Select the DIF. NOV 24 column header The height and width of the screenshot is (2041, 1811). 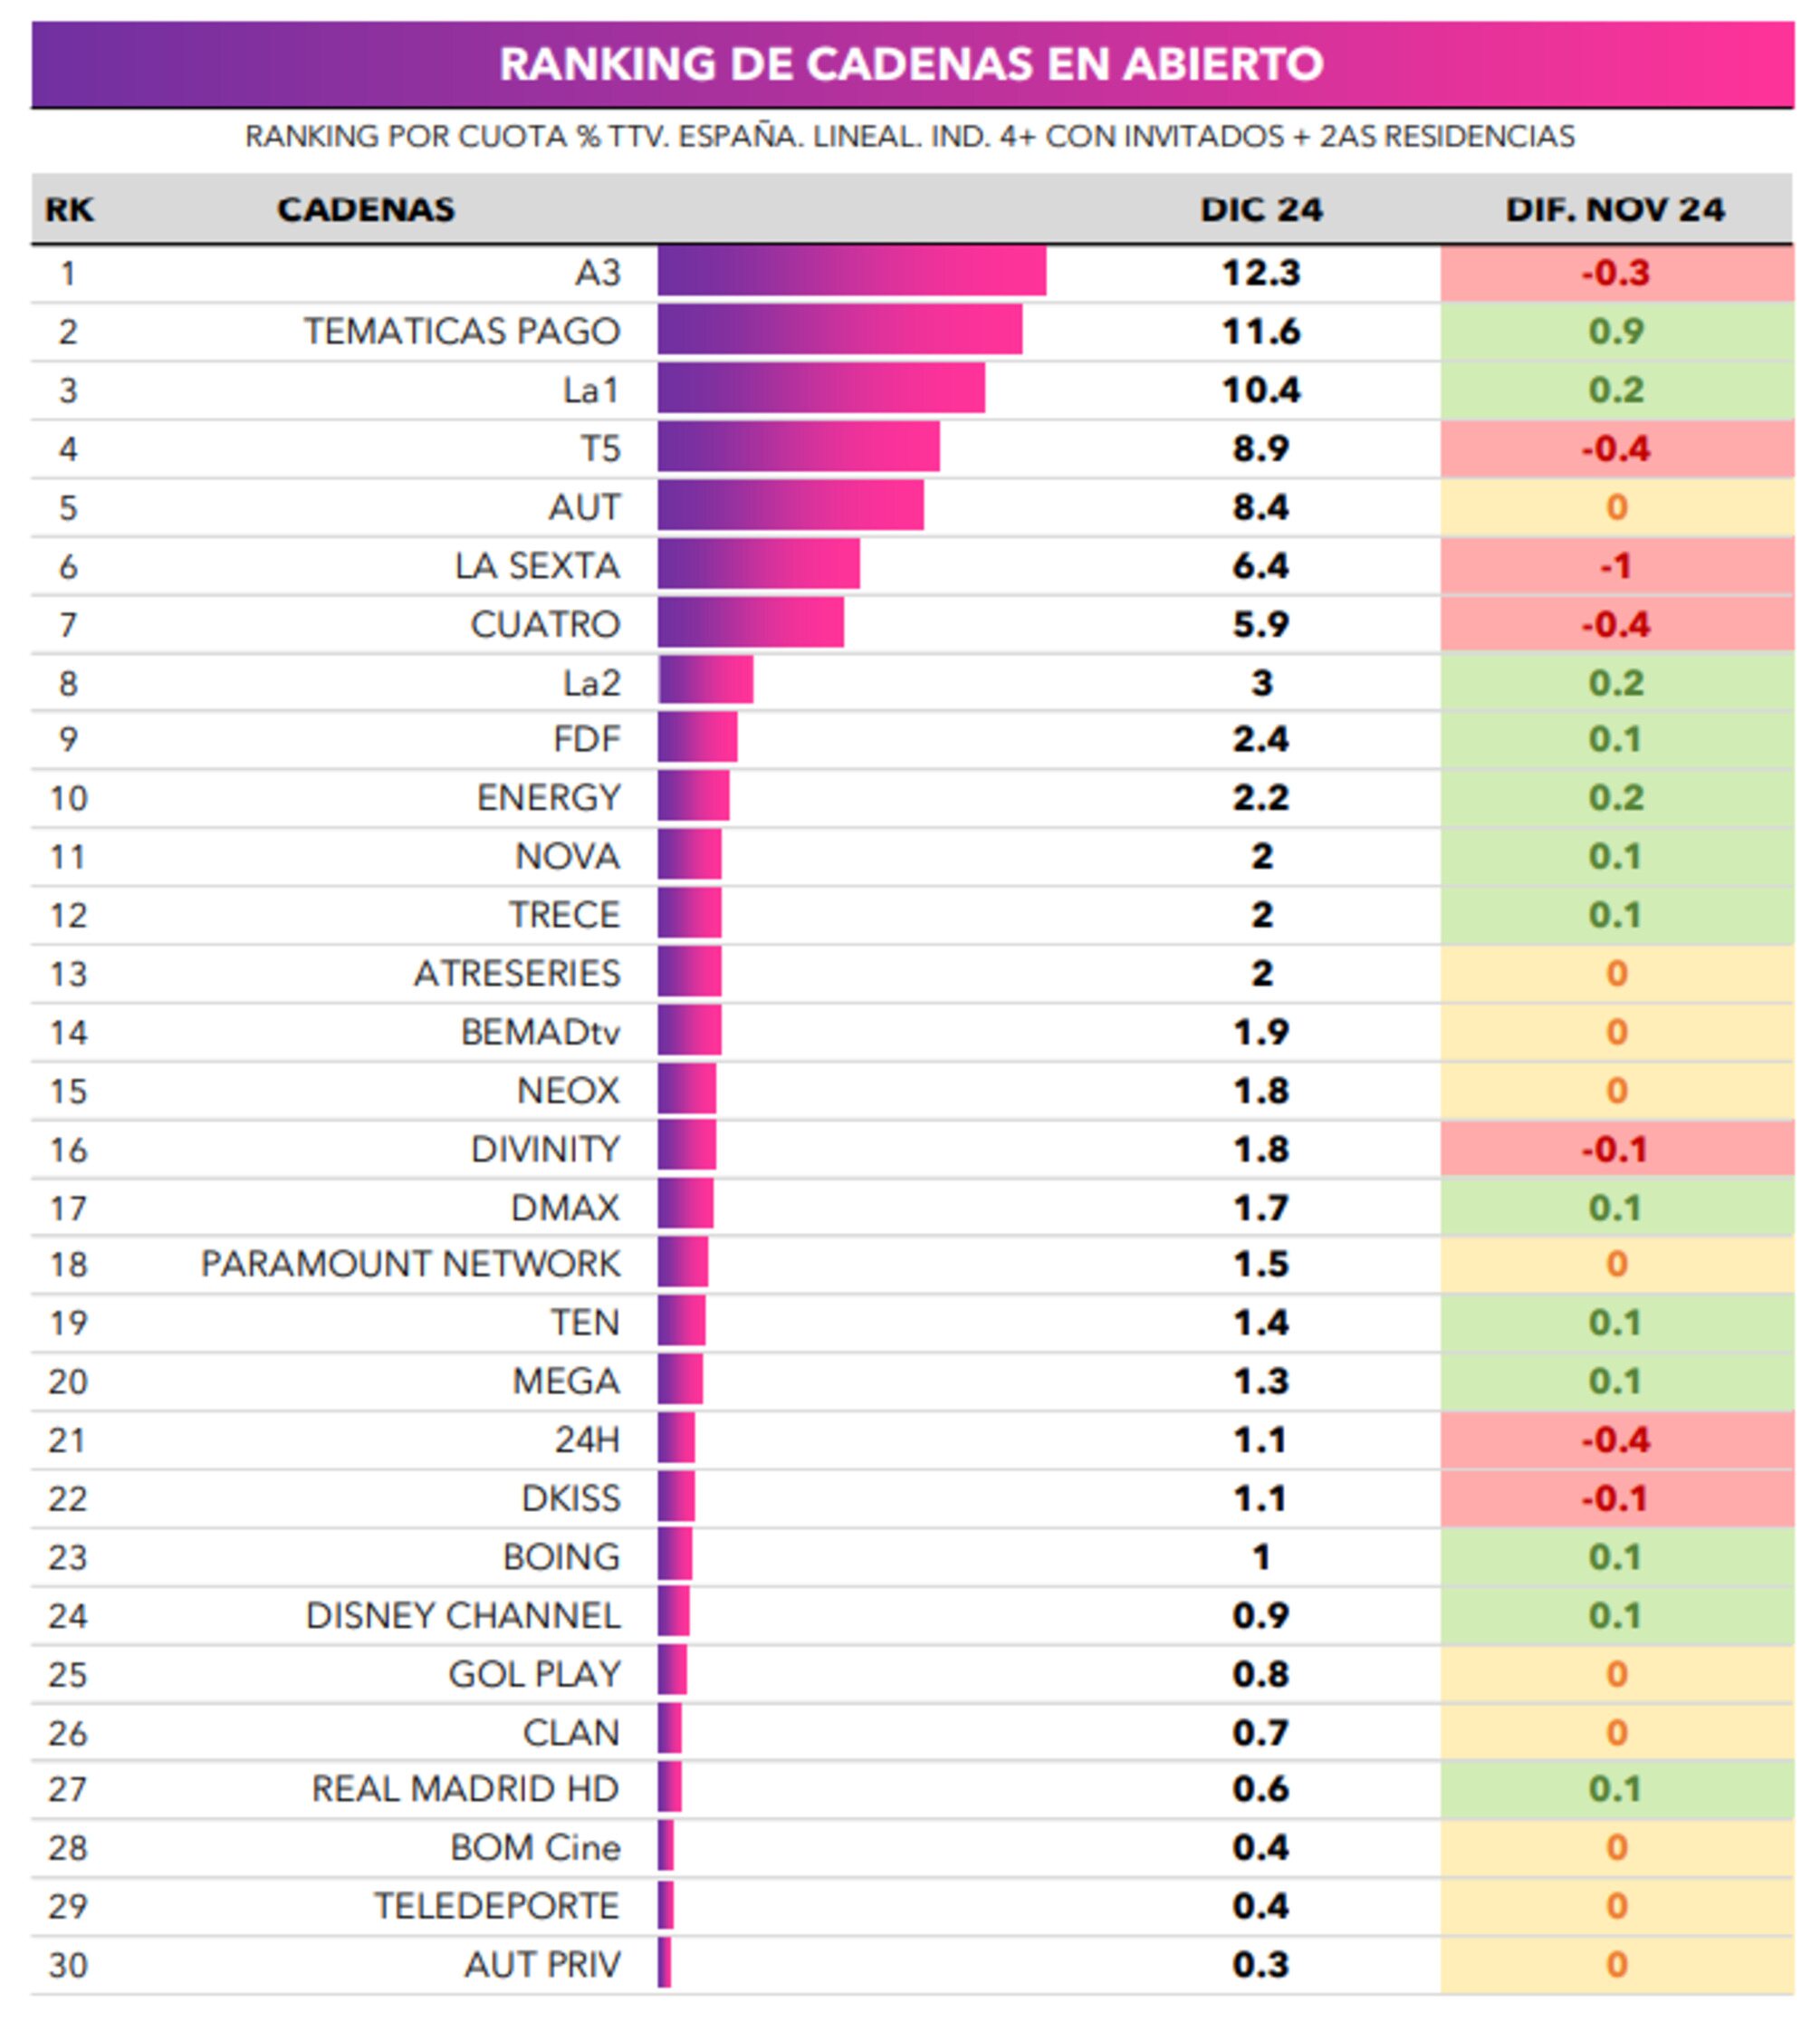coord(1615,209)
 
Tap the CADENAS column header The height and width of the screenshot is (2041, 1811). coord(366,209)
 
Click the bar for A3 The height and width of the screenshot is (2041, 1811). coord(850,272)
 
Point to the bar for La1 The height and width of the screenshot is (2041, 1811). coord(820,389)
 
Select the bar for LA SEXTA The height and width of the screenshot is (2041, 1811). coord(758,565)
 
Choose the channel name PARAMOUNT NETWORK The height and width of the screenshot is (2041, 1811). coord(409,1264)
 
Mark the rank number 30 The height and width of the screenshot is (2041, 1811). coord(68,1965)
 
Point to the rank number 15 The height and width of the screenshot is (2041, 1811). coord(68,1091)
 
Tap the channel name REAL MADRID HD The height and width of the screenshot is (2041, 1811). coord(465,1788)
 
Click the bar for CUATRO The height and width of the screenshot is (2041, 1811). coord(750,624)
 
